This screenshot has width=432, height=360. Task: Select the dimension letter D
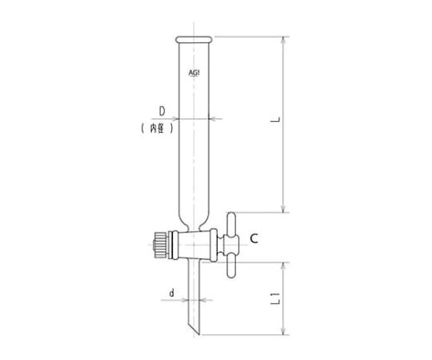(162, 110)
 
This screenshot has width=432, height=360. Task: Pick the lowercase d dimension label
(172, 294)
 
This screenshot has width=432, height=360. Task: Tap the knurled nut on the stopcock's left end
(161, 243)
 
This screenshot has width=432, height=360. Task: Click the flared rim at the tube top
(194, 39)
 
